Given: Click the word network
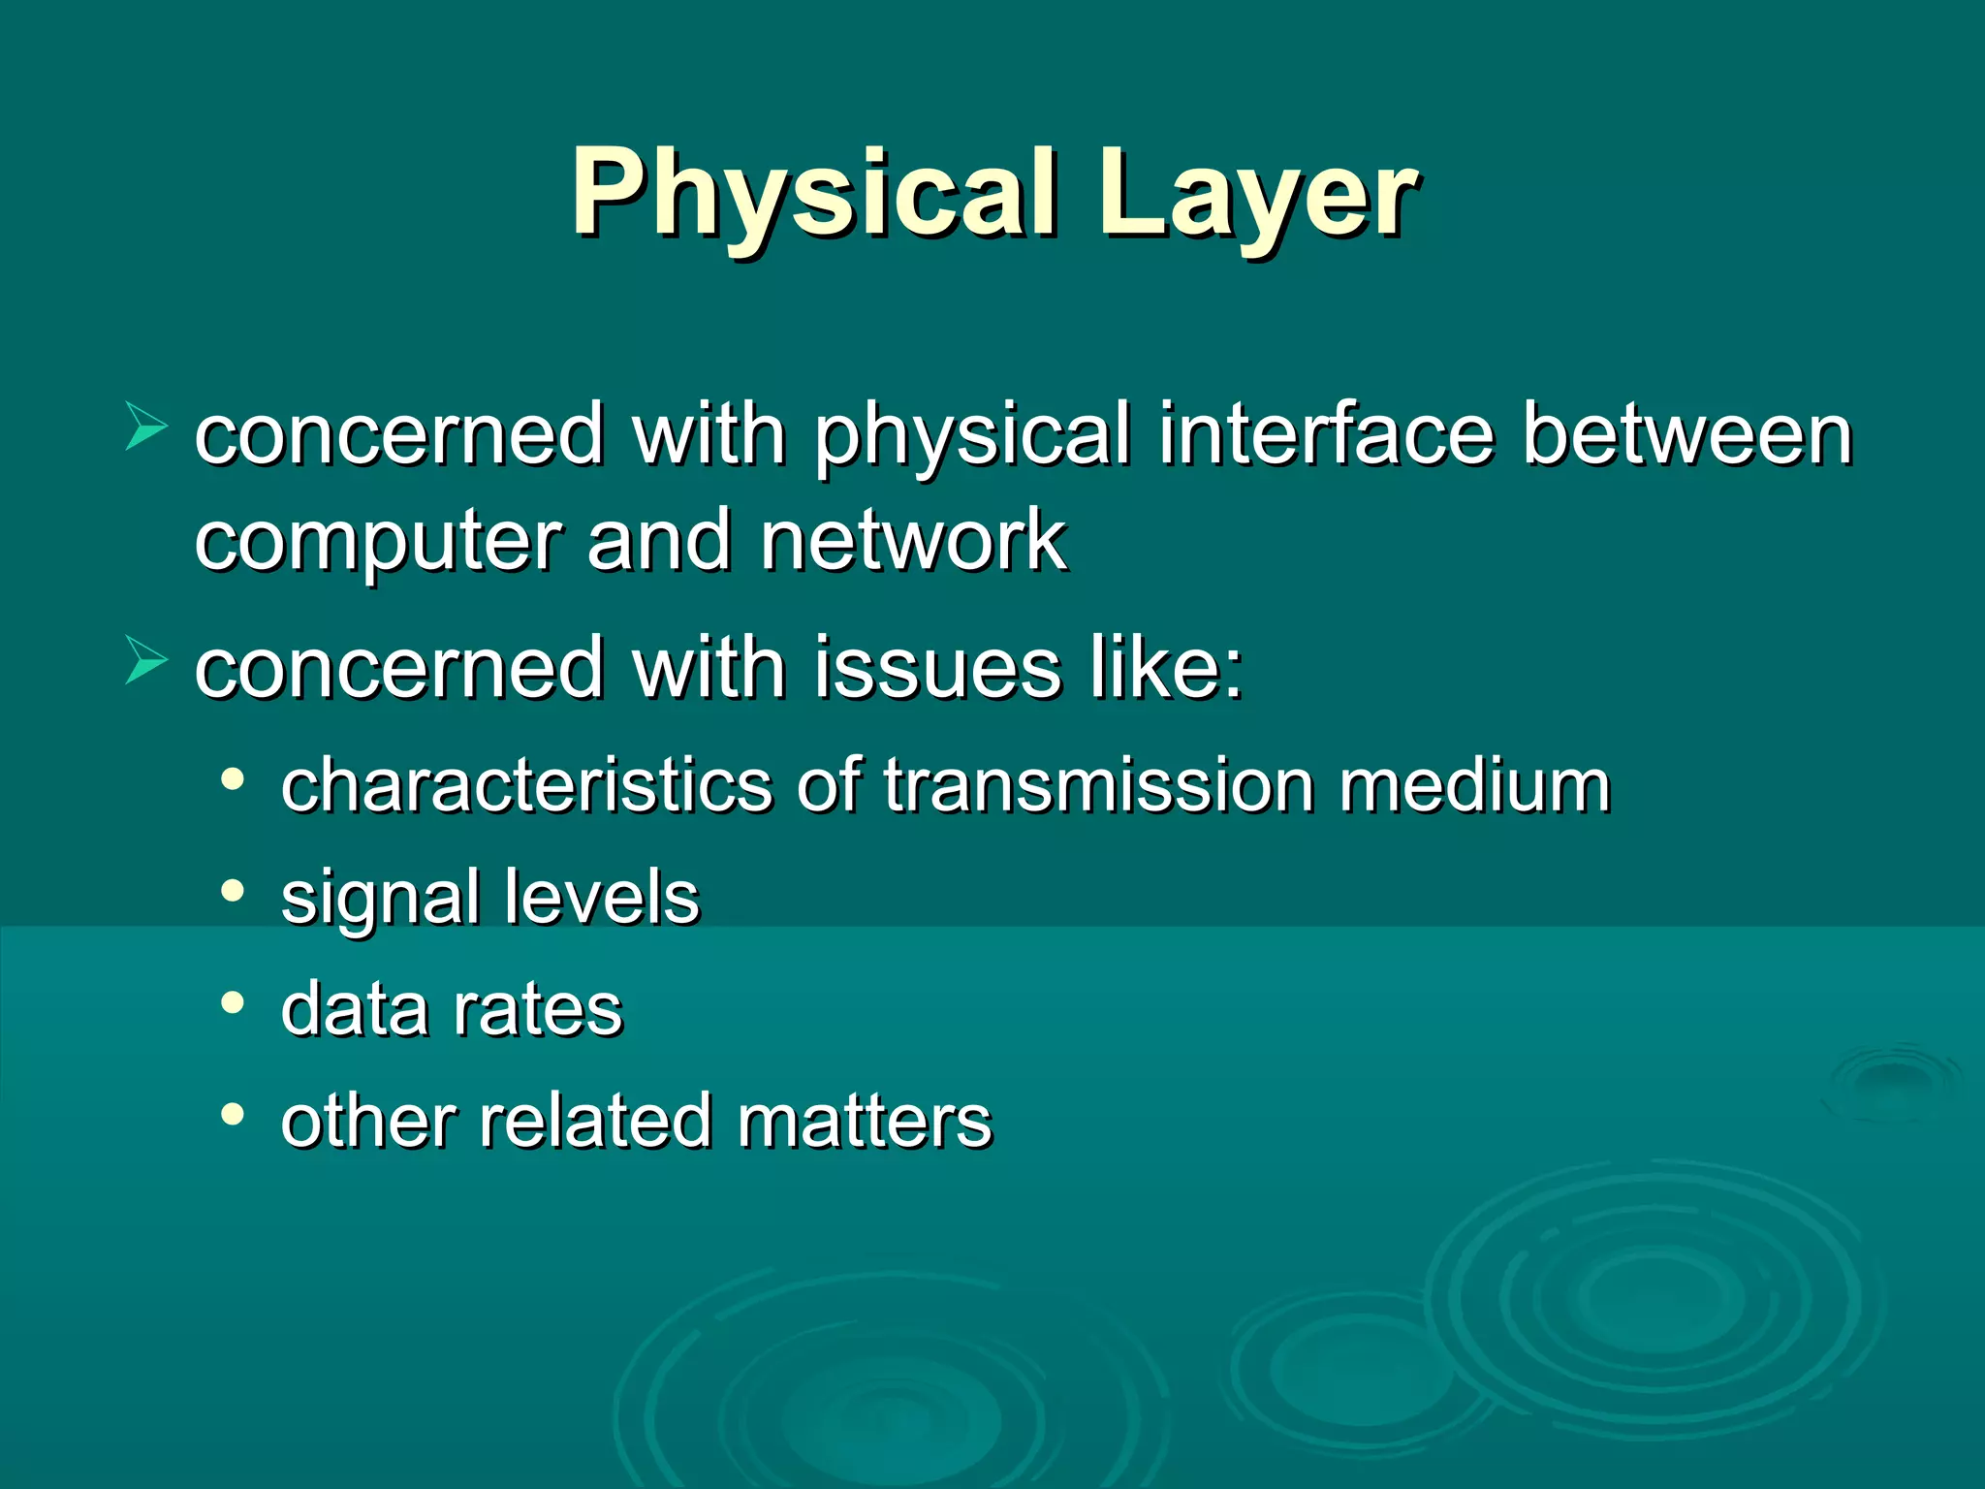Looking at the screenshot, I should pyautogui.click(x=913, y=540).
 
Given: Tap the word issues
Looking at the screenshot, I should pyautogui.click(x=937, y=668).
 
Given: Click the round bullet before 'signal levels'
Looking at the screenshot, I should pyautogui.click(x=232, y=891).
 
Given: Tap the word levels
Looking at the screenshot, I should pyautogui.click(x=602, y=897).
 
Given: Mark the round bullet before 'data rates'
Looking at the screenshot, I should pyautogui.click(x=232, y=1003).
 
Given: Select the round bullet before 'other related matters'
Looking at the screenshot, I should pyautogui.click(x=232, y=1115).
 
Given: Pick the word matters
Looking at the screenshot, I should pyautogui.click(x=865, y=1122).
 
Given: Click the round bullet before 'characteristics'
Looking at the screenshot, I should pyautogui.click(x=232, y=778).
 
